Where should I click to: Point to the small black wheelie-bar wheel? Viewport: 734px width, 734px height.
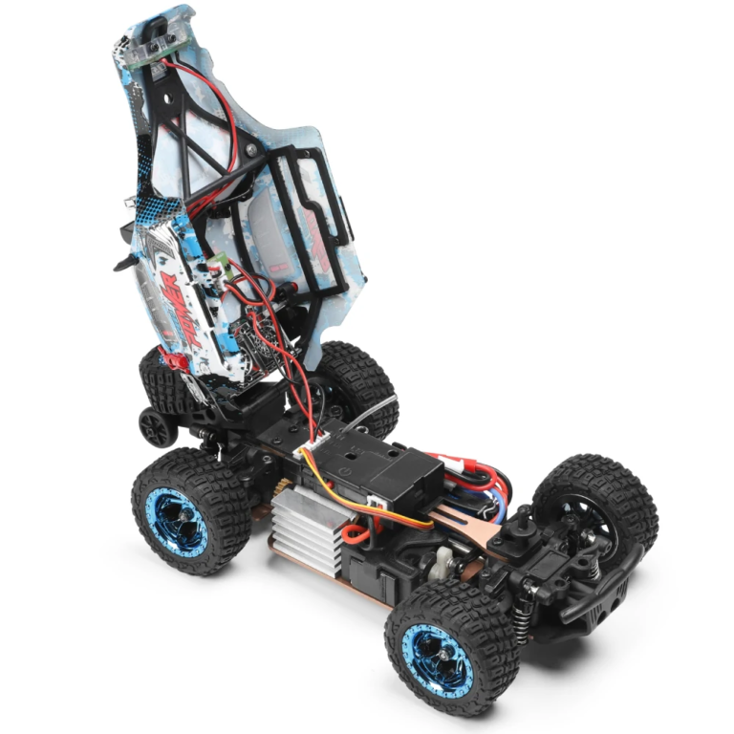coord(157,426)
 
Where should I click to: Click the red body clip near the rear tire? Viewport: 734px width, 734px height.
coord(173,362)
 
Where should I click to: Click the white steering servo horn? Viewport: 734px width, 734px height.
coord(444,563)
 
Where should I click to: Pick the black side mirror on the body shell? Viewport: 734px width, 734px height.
coord(123,258)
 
